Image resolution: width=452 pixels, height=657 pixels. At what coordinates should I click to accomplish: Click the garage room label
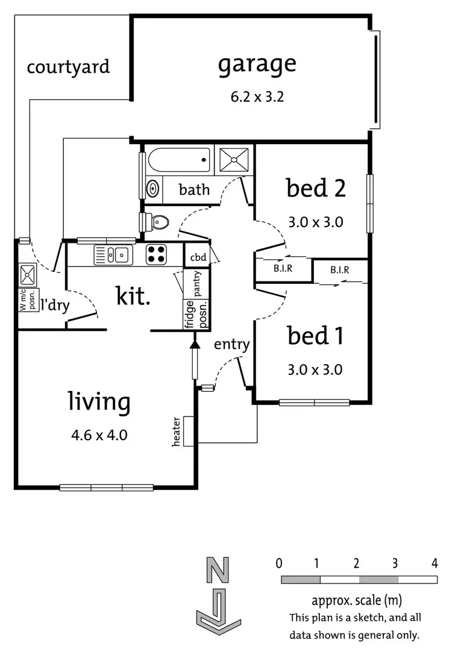pyautogui.click(x=257, y=64)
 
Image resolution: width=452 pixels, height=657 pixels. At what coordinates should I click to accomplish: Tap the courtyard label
pyautogui.click(x=68, y=66)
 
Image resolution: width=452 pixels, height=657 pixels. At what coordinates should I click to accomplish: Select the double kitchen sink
pyautogui.click(x=113, y=255)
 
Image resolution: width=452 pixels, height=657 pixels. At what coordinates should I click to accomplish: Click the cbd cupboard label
pyautogui.click(x=198, y=257)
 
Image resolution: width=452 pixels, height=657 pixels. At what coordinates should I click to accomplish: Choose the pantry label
pyautogui.click(x=197, y=281)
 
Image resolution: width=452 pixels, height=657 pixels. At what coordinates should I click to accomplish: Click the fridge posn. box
pyautogui.click(x=196, y=314)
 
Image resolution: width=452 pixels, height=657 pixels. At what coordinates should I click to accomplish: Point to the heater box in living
pyautogui.click(x=188, y=432)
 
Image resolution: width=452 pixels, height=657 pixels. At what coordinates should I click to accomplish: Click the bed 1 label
pyautogui.click(x=315, y=336)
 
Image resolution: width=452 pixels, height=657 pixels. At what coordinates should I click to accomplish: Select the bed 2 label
pyautogui.click(x=316, y=188)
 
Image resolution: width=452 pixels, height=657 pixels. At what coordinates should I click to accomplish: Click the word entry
pyautogui.click(x=231, y=344)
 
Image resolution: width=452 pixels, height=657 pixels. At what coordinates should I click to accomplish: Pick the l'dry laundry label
pyautogui.click(x=55, y=306)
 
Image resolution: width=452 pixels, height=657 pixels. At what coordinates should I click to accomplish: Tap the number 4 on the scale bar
pyautogui.click(x=435, y=564)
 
